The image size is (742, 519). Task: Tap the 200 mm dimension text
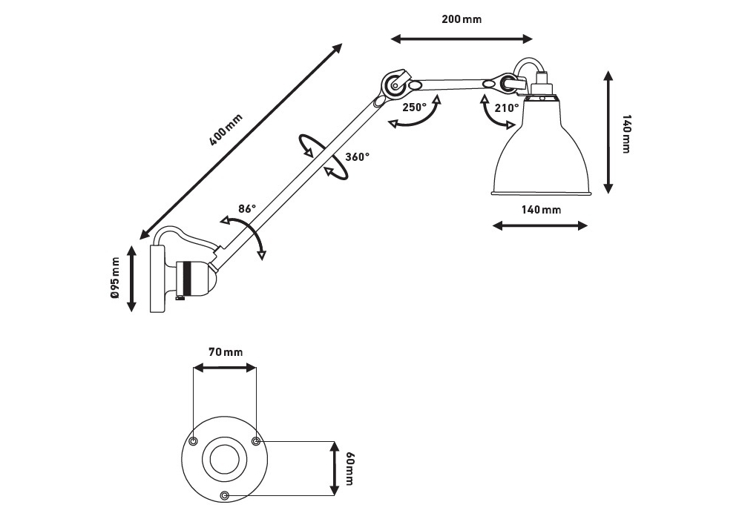pos(461,19)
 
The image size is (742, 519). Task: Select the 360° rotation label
pos(357,156)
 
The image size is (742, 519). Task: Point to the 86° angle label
pos(247,209)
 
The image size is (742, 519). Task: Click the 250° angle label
pos(414,107)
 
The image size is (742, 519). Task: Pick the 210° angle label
pos(507,107)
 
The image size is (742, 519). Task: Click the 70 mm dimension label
pos(225,351)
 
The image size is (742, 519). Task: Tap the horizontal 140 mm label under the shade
pos(541,210)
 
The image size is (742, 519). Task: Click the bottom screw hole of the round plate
pos(225,495)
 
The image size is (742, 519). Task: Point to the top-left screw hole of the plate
pos(193,442)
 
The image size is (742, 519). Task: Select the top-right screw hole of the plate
pos(257,442)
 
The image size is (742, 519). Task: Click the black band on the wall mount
pos(188,277)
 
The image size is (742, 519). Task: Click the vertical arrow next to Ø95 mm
pos(132,279)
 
